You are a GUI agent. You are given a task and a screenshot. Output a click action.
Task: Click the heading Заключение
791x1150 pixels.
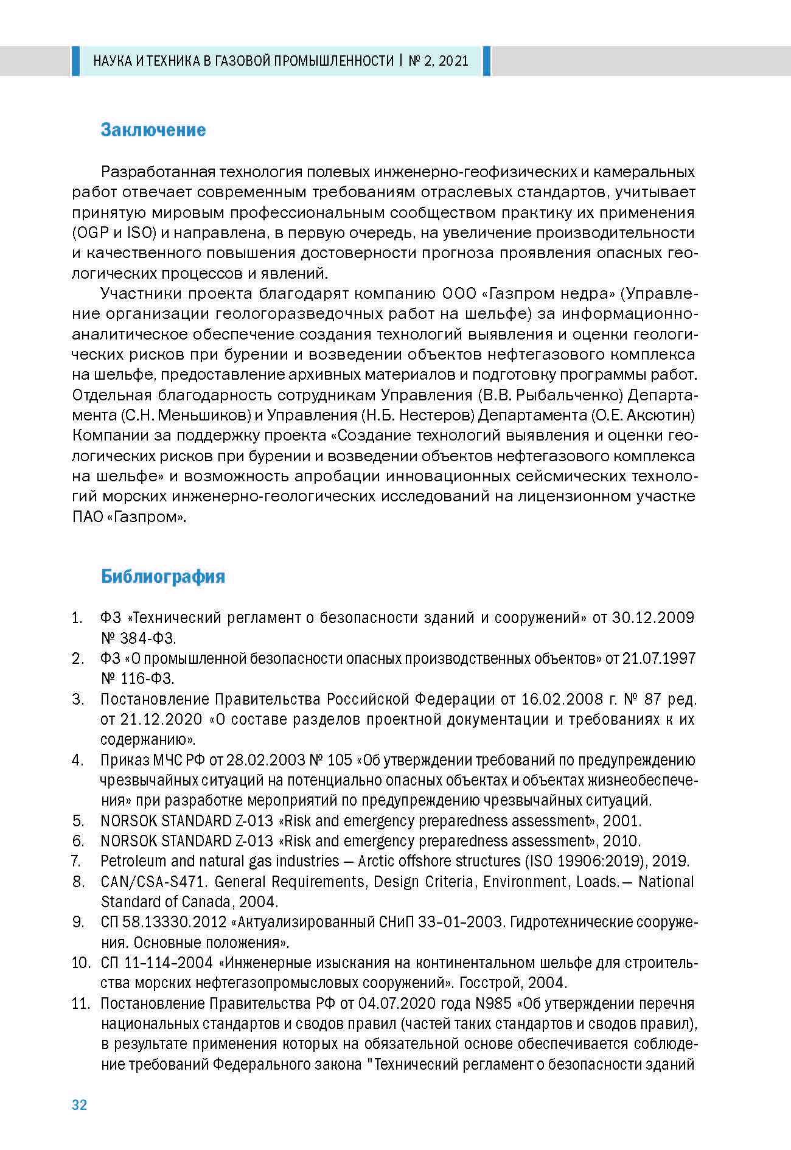153,130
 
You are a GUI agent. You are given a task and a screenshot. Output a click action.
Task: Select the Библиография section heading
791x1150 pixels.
163,576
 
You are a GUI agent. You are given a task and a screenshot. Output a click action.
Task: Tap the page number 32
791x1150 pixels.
80,1105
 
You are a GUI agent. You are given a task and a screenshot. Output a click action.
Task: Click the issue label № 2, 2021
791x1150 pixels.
439,61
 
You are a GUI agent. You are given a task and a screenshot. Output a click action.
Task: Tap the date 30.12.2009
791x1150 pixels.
653,618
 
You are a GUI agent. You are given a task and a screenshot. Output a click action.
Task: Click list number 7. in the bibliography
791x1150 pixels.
76,861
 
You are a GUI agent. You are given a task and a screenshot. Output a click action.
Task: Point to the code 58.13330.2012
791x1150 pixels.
174,922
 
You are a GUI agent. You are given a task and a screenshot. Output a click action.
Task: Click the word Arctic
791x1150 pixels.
379,861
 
